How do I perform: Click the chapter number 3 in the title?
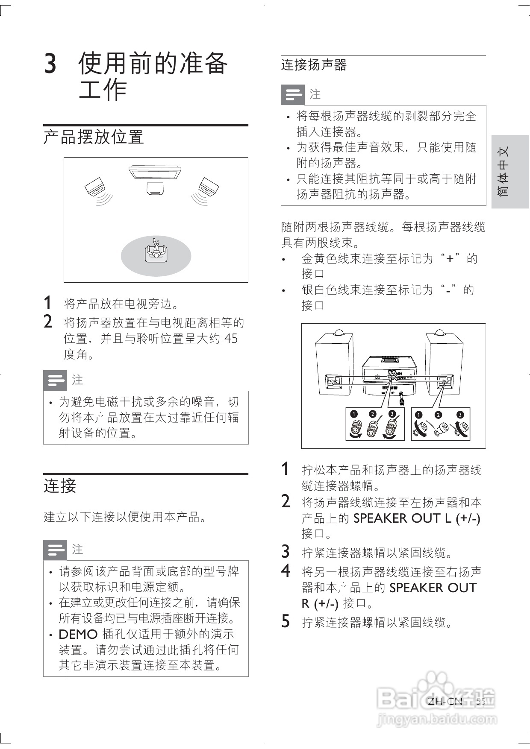[50, 64]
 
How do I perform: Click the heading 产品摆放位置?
[93, 137]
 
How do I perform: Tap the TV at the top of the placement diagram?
[155, 172]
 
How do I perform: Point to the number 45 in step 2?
[231, 339]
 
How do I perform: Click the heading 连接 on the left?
[60, 486]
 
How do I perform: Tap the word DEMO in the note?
[78, 634]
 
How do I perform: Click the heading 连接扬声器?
[314, 65]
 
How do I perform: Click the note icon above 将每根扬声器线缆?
[293, 94]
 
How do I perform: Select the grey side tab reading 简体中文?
[510, 172]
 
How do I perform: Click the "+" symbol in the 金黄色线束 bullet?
[449, 258]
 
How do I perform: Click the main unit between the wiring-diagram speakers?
[389, 376]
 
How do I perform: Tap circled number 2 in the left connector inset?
[373, 414]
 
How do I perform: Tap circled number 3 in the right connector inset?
[460, 414]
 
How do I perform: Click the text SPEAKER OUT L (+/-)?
[417, 518]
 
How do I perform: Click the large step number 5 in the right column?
[285, 621]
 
